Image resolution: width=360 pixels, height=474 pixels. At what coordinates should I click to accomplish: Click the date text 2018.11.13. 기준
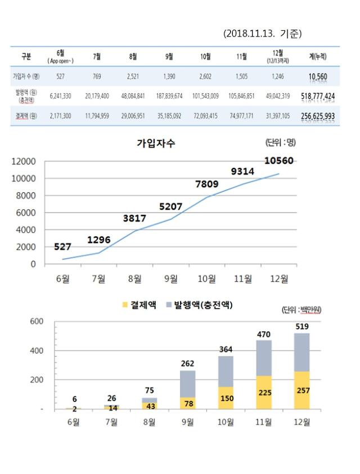262,34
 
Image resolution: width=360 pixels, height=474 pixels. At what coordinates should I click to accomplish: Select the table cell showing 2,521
133,76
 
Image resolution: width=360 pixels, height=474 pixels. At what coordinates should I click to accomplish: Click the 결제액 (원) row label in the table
26,116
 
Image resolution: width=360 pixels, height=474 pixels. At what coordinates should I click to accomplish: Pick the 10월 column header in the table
205,56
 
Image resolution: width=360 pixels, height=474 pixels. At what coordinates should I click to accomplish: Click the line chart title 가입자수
156,143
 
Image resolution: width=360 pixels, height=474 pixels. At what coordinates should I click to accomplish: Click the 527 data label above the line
63,246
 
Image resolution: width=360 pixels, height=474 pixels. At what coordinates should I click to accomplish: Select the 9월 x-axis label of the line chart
170,278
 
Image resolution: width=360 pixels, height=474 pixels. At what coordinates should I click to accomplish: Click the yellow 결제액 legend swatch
124,305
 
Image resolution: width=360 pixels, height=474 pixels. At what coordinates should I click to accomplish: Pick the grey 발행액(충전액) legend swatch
169,305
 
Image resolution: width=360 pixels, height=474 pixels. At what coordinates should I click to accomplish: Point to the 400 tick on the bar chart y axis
37,351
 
